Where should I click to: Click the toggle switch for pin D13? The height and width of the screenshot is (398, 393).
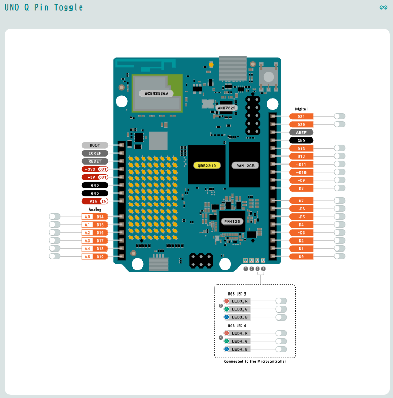339,148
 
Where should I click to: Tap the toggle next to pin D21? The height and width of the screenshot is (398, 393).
339,116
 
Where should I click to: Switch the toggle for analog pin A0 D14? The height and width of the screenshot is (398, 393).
55,217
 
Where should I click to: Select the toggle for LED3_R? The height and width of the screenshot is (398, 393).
281,301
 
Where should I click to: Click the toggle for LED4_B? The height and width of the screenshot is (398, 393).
281,349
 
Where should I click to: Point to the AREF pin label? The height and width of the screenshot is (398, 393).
301,133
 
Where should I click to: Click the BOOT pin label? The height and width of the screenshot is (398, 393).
95,145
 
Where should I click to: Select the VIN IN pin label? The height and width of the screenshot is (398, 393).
95,201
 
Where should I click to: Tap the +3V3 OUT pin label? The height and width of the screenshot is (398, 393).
95,169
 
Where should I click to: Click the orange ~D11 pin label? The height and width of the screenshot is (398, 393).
301,165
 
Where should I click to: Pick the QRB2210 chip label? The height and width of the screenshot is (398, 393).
207,166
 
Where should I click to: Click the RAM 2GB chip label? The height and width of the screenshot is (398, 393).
245,166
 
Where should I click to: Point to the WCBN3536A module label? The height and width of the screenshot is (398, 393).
156,93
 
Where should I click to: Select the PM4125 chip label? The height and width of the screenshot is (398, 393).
232,222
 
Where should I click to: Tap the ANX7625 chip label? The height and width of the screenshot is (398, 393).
226,108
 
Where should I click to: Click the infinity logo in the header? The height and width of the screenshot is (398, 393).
383,7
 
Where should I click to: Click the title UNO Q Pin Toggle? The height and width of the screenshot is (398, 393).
43,7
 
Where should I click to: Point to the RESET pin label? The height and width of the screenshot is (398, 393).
95,161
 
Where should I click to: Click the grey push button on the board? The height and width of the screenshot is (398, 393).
269,76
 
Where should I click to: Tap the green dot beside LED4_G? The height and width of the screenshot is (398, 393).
226,341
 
